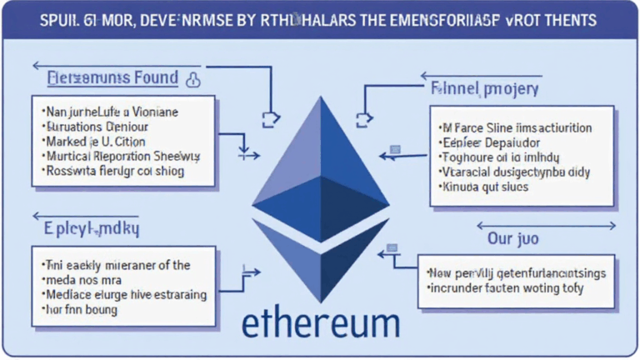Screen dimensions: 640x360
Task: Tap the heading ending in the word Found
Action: [112, 78]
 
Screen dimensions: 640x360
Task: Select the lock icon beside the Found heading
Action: [193, 79]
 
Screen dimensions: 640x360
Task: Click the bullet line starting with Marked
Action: [96, 141]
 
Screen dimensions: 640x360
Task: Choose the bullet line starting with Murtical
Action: [122, 156]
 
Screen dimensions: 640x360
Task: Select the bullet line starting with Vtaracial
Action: [514, 172]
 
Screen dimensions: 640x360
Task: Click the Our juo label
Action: [514, 239]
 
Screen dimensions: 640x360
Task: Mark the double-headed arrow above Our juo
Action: [546, 225]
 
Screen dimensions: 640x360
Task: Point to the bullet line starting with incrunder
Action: [506, 288]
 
